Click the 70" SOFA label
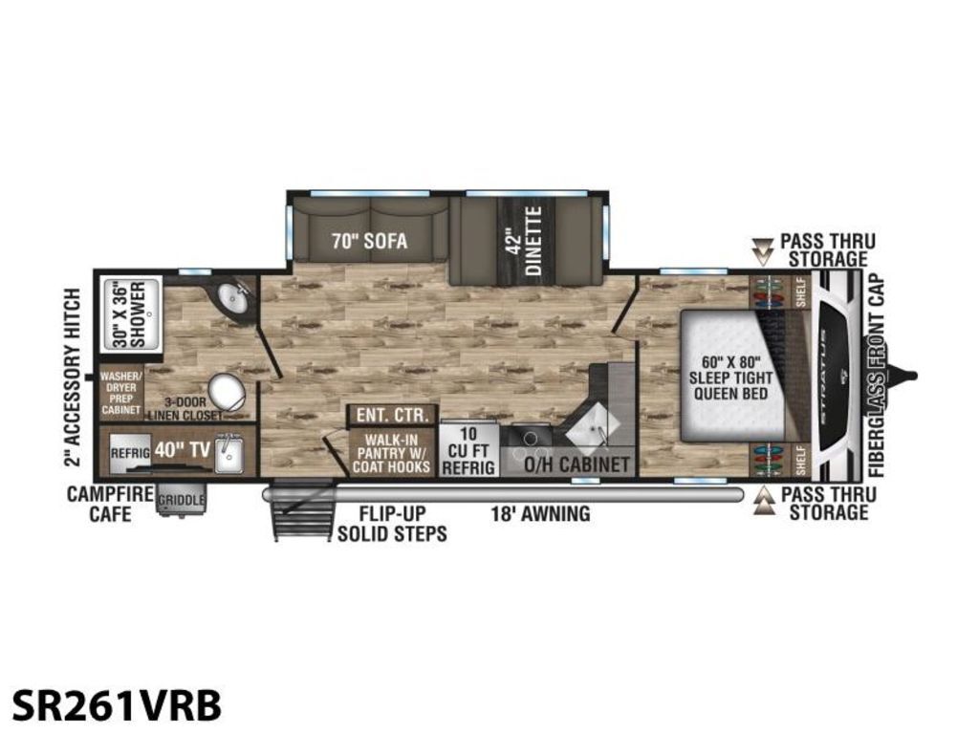point(369,241)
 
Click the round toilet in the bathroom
point(226,391)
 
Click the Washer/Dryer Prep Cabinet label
point(121,393)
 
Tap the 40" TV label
point(175,449)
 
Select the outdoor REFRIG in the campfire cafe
point(129,454)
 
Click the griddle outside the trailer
point(180,501)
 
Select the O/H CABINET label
point(577,464)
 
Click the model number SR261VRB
point(117,705)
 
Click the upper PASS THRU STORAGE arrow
point(763,249)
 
